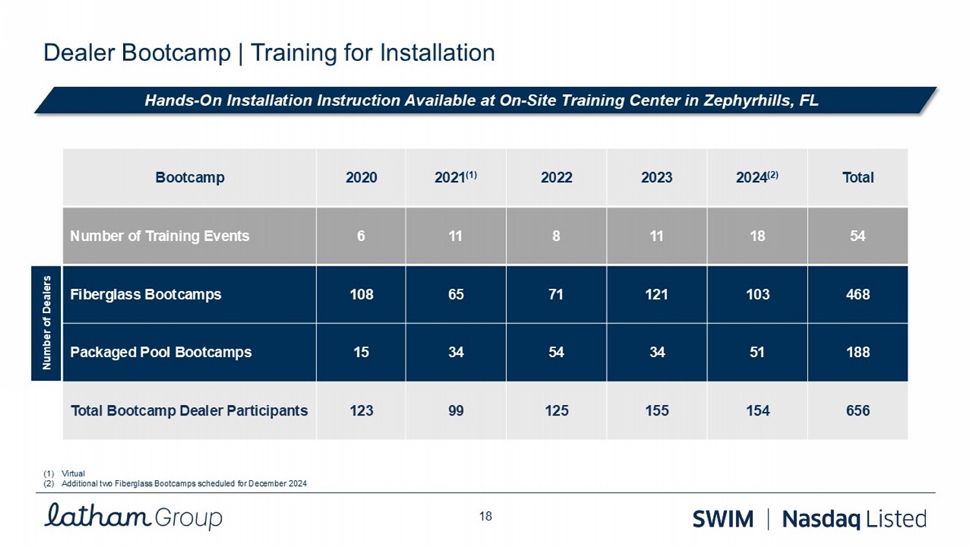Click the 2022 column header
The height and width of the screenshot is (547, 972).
tap(556, 178)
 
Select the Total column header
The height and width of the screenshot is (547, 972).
tap(857, 178)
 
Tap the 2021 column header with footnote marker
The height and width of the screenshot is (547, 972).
tap(456, 177)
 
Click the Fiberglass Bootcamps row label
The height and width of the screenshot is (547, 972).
tap(146, 294)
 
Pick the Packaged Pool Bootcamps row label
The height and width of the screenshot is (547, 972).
tap(161, 352)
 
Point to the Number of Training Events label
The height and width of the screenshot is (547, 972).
tap(159, 236)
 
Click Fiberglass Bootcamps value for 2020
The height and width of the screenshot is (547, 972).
tap(361, 294)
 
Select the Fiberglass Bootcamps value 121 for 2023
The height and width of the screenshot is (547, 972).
tap(656, 294)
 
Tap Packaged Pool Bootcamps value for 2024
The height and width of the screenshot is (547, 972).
tap(757, 352)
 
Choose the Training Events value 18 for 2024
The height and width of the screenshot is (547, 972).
tap(757, 236)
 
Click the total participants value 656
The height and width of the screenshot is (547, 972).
tap(857, 410)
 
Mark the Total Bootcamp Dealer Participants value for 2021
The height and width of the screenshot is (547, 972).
tap(456, 410)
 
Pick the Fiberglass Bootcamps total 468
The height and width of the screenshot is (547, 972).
tap(857, 294)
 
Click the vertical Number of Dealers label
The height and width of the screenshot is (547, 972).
tap(46, 323)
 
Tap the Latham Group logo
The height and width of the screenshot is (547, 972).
tap(133, 517)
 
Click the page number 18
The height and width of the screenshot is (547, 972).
tap(485, 517)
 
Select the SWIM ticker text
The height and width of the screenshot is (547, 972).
tap(723, 519)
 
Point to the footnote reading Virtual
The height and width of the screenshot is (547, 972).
tap(73, 474)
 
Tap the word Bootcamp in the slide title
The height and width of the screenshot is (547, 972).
tap(184, 52)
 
